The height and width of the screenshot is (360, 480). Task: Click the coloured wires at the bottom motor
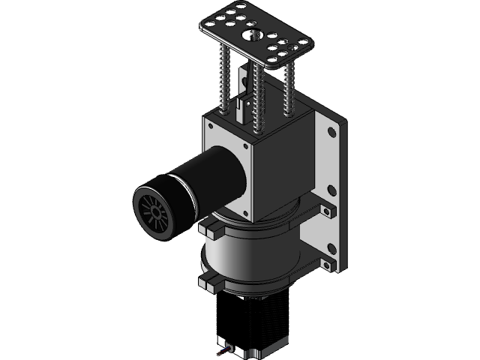(223, 351)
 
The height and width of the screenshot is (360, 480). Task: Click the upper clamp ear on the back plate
(328, 209)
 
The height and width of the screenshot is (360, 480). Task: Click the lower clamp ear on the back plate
(329, 262)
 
